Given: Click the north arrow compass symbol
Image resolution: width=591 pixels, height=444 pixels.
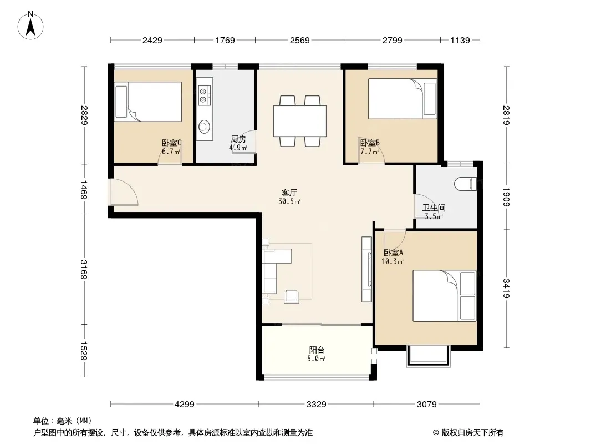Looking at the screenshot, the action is [30, 26].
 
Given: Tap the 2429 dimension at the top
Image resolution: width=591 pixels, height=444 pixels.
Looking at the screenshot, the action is [152, 40].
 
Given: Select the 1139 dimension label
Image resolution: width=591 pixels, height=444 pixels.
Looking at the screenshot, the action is [460, 40].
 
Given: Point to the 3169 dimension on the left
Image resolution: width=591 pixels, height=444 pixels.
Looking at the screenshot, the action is [84, 270].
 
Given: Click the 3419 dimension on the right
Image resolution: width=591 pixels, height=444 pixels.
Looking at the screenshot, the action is [506, 288].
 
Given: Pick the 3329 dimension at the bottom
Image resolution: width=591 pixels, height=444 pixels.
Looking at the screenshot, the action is [316, 405].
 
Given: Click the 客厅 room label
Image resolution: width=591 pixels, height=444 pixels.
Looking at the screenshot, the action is [289, 193].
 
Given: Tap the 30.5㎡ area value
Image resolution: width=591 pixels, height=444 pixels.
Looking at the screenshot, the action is [289, 201].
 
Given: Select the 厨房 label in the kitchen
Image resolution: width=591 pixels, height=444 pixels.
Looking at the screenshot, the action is [238, 139].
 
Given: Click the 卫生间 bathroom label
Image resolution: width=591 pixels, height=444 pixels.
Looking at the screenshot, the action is [434, 208].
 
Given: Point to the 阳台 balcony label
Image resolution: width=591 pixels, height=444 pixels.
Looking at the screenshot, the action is [317, 350].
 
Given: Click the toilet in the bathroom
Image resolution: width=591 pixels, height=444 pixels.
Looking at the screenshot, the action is [466, 184].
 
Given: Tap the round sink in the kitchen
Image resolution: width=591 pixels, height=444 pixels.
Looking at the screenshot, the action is [204, 127].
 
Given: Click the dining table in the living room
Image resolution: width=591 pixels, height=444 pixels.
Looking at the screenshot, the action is [300, 121].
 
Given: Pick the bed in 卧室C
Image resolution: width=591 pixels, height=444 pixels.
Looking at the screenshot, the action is [148, 102].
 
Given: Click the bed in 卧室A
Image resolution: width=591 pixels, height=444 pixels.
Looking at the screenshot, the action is [444, 296].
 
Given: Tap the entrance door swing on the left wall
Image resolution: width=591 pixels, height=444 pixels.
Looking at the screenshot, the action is [124, 193].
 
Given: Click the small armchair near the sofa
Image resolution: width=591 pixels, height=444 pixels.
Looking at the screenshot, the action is [292, 296].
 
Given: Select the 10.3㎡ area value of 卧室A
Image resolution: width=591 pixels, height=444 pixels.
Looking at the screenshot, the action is [393, 261].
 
